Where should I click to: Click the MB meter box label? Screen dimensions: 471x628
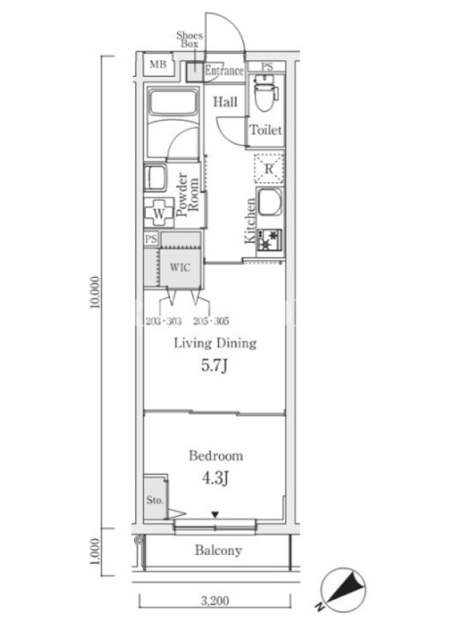(158, 64)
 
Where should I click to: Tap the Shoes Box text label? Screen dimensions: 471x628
(189, 39)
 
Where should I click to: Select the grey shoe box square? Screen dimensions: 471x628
(195, 72)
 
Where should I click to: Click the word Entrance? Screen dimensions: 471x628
(225, 71)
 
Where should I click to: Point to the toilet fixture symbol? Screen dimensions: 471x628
(266, 93)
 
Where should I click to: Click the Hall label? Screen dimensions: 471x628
(225, 102)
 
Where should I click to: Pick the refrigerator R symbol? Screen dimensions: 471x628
(268, 169)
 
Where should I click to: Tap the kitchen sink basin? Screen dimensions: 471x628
(270, 203)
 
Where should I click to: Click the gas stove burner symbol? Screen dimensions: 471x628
(269, 240)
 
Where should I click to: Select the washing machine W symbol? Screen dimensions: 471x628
(159, 214)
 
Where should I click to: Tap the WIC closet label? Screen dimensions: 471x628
(180, 267)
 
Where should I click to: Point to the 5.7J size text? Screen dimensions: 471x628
(214, 365)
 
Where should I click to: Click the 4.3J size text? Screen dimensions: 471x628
(215, 478)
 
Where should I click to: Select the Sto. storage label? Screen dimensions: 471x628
(155, 500)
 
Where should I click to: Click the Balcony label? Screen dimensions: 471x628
(218, 550)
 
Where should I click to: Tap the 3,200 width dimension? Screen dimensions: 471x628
(215, 601)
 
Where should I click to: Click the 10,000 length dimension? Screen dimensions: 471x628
(94, 292)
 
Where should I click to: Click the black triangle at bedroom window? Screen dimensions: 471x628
(215, 514)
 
